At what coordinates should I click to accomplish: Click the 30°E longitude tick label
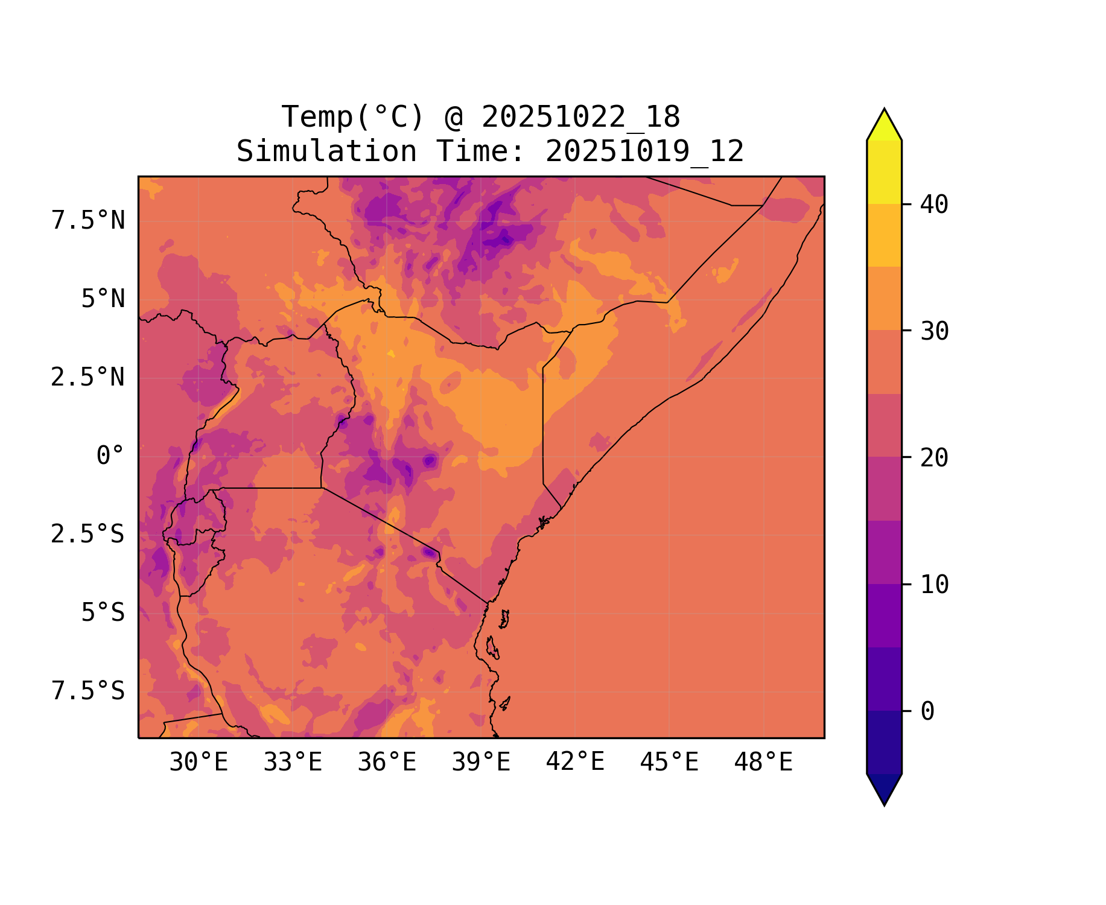point(199,763)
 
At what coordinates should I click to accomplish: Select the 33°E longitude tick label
point(293,763)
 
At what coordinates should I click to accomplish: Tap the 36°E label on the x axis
point(387,763)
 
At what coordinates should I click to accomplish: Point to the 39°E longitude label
point(481,763)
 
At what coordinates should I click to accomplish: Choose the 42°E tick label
point(575,763)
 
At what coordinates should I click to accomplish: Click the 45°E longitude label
point(669,763)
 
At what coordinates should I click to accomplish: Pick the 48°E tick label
point(763,763)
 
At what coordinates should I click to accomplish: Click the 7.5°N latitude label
point(88,221)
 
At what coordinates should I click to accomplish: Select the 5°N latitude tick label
point(103,299)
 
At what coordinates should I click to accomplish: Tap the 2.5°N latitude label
point(88,378)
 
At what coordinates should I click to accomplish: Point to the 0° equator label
point(110,456)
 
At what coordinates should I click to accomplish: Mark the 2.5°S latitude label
point(88,535)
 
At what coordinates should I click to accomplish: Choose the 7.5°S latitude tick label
point(88,691)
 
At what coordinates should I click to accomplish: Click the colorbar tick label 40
point(934,205)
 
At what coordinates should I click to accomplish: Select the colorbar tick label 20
point(934,458)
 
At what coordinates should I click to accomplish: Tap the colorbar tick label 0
point(927,712)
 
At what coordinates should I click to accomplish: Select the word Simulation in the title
point(326,151)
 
